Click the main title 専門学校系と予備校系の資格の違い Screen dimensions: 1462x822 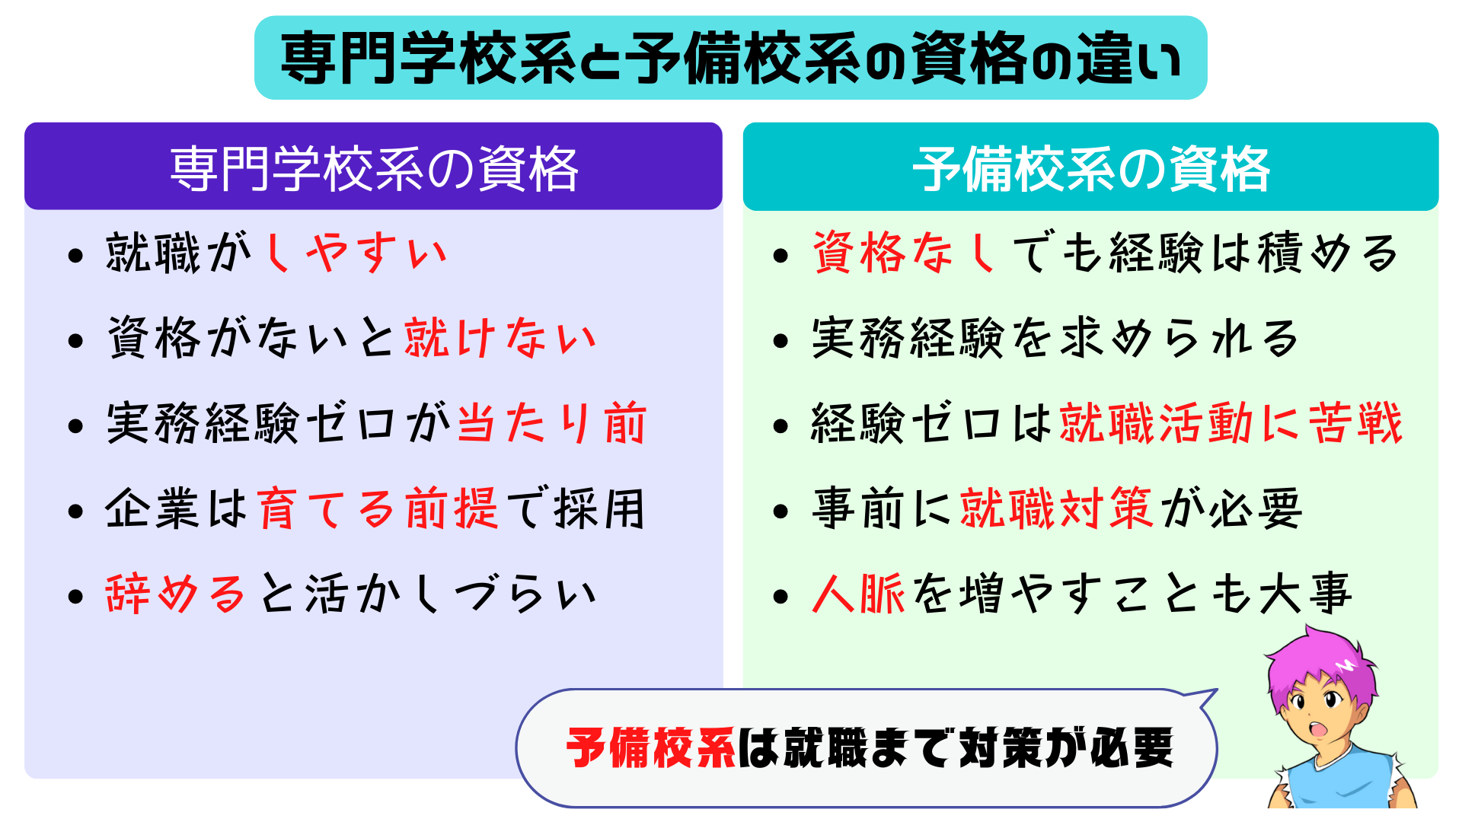click(731, 59)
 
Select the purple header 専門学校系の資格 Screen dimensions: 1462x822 click(373, 168)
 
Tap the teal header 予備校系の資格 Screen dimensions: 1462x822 click(1091, 169)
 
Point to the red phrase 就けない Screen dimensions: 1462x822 click(500, 338)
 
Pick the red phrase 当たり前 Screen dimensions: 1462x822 click(552, 423)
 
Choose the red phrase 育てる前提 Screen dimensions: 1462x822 click(377, 508)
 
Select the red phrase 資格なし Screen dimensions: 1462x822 click(905, 253)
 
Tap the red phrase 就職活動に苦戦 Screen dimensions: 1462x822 click(1231, 423)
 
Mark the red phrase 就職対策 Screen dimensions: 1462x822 click(1057, 508)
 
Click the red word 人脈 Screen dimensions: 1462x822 click(858, 594)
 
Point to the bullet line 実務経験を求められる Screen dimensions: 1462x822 click(1055, 338)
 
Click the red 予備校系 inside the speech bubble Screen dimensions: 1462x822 click(651, 748)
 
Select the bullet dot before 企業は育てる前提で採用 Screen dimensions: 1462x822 click(75, 511)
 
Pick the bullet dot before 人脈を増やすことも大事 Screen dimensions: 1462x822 click(780, 596)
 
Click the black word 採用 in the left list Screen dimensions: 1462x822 click(601, 508)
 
